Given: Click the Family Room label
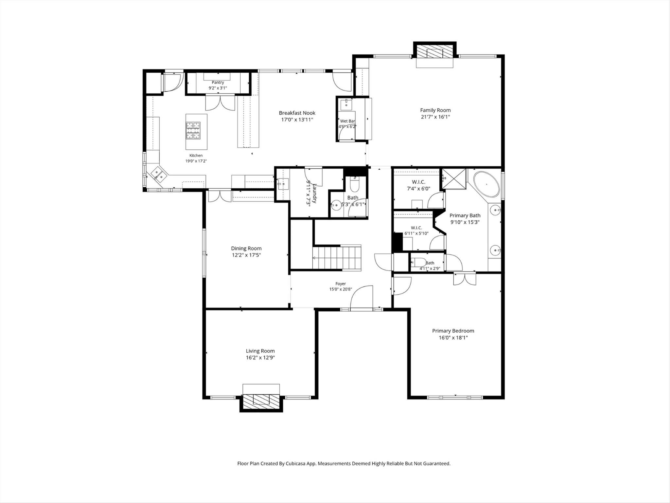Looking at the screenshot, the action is click(435, 110).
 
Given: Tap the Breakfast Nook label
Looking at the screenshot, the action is click(297, 113).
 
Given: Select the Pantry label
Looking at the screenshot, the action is click(218, 83).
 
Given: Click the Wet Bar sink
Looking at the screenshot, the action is click(346, 105).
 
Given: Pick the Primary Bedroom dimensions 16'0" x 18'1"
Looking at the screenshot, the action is click(453, 338).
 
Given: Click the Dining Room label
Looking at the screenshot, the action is click(246, 248).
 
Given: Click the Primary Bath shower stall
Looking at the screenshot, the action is click(454, 179).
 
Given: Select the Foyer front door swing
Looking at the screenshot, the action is click(361, 297).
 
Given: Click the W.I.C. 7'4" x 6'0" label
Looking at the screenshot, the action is click(418, 185).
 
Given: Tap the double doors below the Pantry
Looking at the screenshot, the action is click(220, 102).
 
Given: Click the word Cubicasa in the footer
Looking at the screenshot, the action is click(296, 463).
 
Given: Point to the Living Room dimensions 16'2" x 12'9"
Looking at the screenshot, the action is click(260, 358).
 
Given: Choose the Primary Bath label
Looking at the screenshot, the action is click(465, 215).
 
